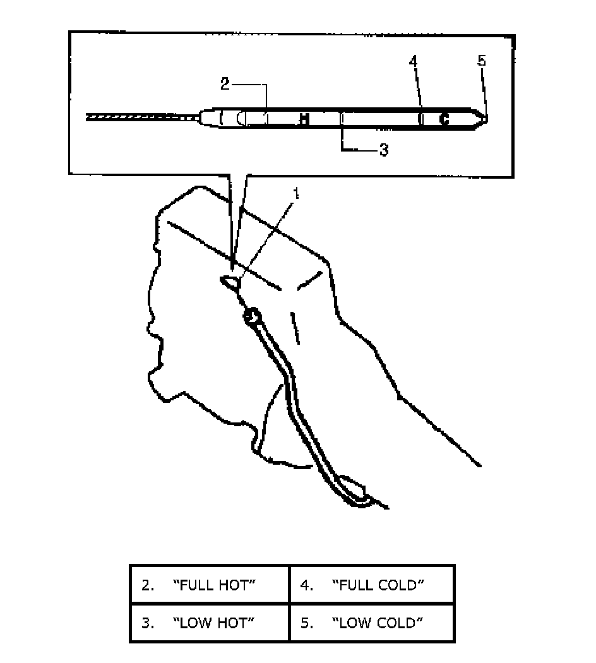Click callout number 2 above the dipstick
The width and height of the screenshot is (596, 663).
click(225, 83)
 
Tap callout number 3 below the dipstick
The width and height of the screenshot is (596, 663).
click(383, 150)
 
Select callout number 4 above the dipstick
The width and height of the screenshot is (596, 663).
click(413, 62)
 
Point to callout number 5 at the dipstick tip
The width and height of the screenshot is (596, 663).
click(482, 61)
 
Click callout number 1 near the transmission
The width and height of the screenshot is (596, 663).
click(295, 193)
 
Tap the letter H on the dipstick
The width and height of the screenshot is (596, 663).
click(304, 119)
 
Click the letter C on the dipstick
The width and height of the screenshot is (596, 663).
click(444, 119)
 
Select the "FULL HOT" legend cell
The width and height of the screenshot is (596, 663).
click(210, 585)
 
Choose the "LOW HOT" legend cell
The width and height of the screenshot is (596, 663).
click(210, 623)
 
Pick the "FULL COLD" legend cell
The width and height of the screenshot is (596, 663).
click(372, 585)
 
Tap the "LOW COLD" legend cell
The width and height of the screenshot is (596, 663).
click(372, 623)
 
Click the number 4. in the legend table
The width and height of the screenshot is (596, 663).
click(307, 585)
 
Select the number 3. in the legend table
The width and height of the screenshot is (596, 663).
click(148, 624)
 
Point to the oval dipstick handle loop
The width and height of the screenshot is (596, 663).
click(230, 281)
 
